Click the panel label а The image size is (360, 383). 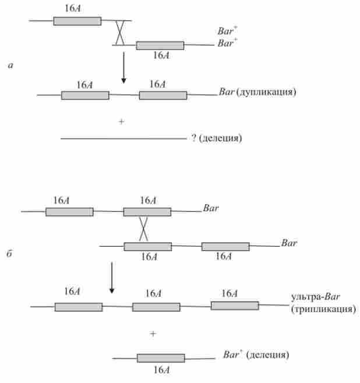click(x=10, y=66)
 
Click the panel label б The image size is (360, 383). click(x=10, y=257)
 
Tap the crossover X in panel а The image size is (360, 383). click(x=119, y=33)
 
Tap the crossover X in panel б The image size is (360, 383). click(x=143, y=229)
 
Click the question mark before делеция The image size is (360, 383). click(x=193, y=139)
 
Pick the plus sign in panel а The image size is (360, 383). click(x=121, y=121)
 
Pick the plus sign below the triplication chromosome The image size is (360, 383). click(x=153, y=334)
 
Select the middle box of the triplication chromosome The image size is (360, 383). click(x=156, y=307)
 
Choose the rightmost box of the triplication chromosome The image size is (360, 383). click(x=234, y=306)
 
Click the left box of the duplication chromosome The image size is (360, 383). click(x=85, y=95)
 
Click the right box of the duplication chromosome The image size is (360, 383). click(x=163, y=95)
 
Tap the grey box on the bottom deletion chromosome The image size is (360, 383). click(x=161, y=358)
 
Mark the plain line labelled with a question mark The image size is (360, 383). click(x=122, y=139)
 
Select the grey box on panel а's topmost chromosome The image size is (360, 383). click(x=77, y=21)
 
